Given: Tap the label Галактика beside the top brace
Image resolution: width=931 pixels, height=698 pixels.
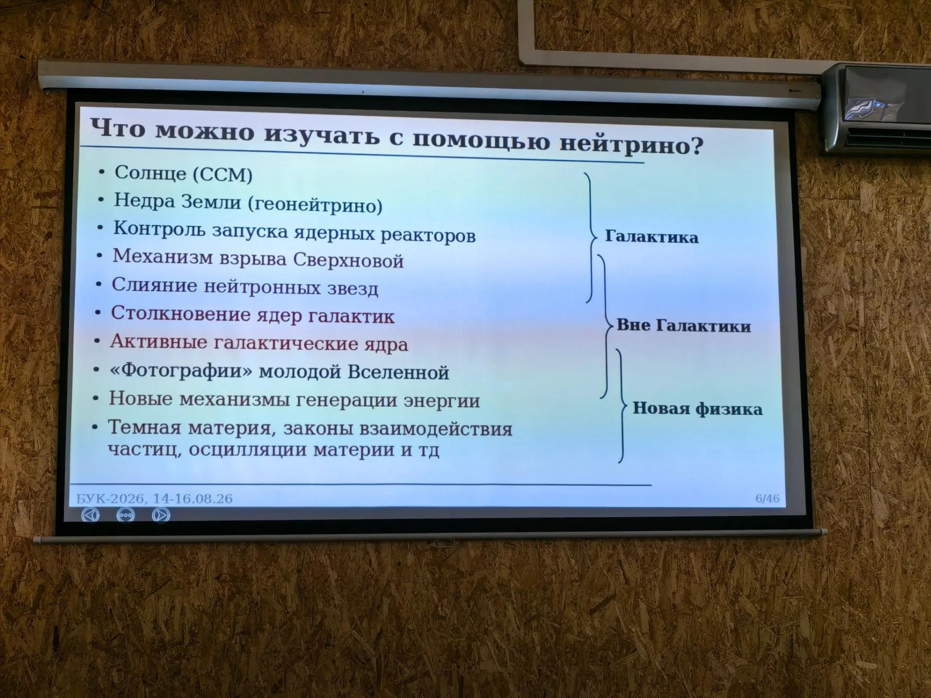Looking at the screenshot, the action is pos(652,237).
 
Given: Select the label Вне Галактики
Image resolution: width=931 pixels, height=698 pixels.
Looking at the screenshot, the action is pos(684,325).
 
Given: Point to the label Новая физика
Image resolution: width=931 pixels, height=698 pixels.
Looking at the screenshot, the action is pos(697,409).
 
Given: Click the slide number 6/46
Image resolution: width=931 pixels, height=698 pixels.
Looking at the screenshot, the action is pos(767,499).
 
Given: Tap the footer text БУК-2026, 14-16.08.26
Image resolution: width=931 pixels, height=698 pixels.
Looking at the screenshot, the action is pos(154,498).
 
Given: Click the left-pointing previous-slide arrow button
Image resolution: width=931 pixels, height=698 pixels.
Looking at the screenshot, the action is pos(90,514).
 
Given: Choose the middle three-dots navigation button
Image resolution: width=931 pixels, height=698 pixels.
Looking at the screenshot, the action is pos(126,515).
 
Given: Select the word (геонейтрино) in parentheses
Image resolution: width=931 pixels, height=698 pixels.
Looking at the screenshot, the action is pos(315,205).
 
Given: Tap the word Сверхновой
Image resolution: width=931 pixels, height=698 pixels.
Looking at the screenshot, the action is pos(348,260).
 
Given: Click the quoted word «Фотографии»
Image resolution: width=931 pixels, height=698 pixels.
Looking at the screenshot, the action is pos(181,371).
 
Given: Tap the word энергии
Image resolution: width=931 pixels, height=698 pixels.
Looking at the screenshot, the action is pos(442,401).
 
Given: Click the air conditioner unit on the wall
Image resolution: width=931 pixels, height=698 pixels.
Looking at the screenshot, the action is pos(876,109).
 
